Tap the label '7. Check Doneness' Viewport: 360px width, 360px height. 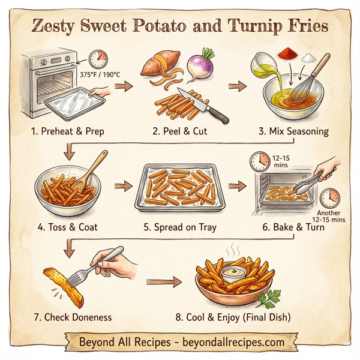(x=77, y=316)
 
